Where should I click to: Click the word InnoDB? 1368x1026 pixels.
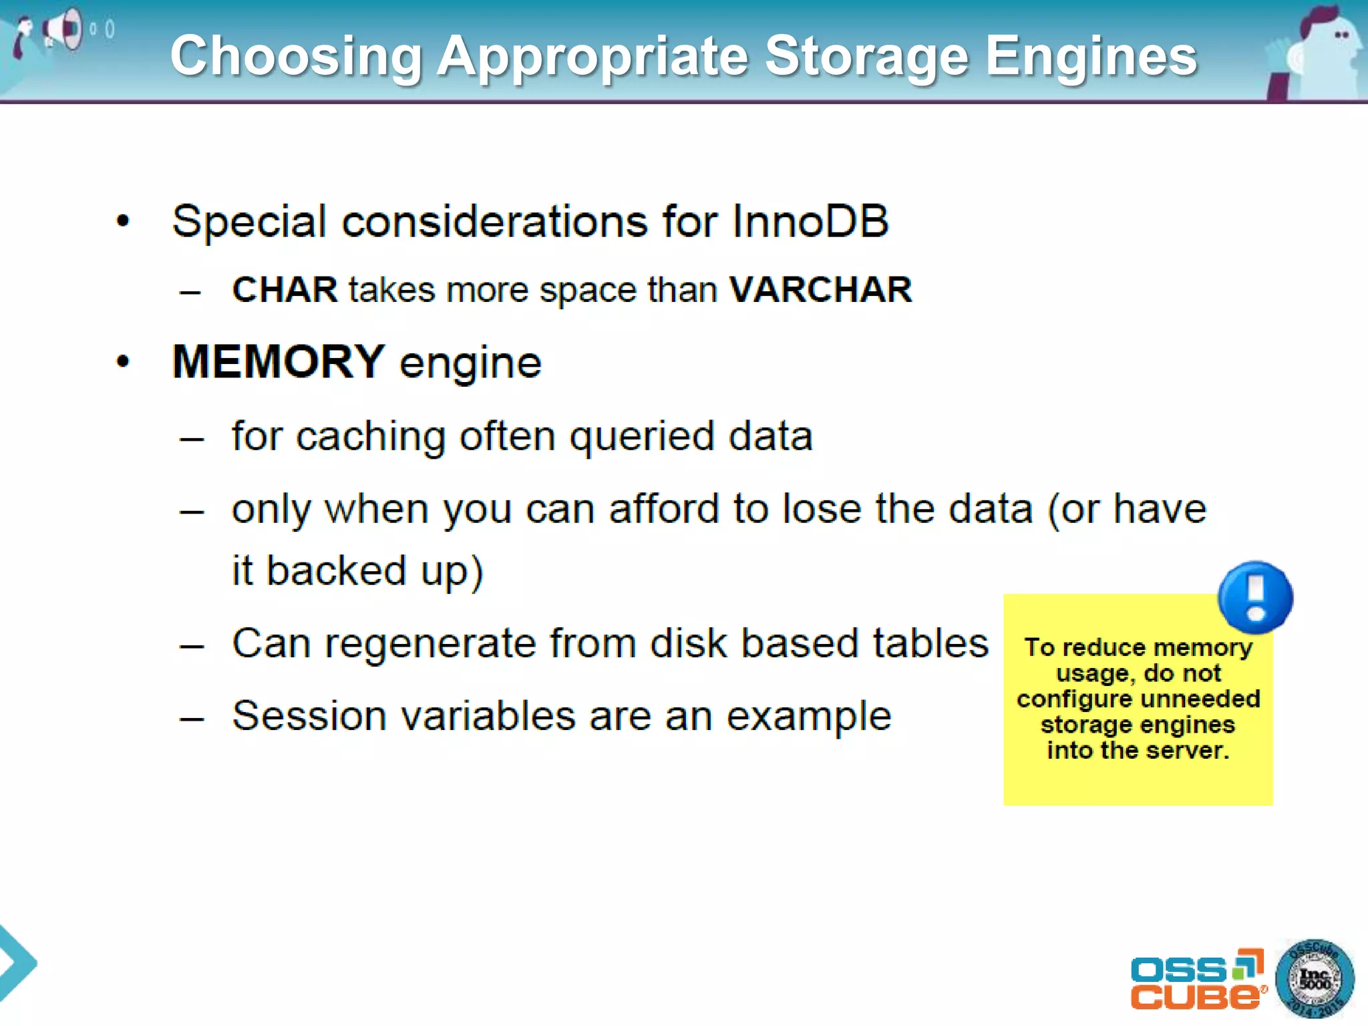point(810,221)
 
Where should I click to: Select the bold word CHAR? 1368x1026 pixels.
point(285,290)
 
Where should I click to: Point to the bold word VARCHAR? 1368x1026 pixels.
point(820,290)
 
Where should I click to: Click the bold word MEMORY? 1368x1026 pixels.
point(279,361)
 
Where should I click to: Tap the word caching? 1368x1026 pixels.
point(371,438)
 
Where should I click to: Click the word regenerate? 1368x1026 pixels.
point(430,644)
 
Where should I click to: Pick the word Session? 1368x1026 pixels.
point(309,716)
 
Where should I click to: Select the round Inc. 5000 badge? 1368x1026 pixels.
point(1315,979)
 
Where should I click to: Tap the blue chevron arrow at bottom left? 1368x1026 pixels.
point(17,963)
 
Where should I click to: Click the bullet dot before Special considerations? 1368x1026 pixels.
point(123,221)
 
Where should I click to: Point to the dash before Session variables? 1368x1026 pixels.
point(192,719)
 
